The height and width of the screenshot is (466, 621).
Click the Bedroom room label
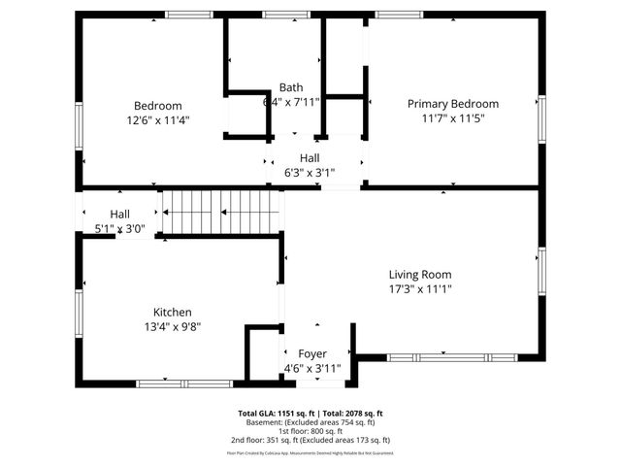click(x=157, y=106)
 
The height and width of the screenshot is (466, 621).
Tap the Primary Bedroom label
click(x=452, y=104)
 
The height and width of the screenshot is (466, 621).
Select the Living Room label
click(x=420, y=275)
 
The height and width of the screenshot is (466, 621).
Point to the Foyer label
click(x=312, y=353)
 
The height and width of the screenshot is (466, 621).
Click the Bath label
click(x=291, y=86)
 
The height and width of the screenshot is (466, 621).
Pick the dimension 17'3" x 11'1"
click(x=420, y=288)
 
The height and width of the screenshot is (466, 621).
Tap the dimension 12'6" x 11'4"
click(x=157, y=120)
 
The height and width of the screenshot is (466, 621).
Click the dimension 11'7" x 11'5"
click(x=452, y=118)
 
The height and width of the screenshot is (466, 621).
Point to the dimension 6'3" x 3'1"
click(x=310, y=173)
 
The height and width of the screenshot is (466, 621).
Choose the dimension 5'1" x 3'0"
click(x=120, y=229)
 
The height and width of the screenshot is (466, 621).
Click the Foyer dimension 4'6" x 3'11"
click(x=312, y=368)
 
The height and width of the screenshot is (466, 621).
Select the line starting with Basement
click(x=310, y=422)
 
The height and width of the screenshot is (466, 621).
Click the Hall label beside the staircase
click(x=120, y=215)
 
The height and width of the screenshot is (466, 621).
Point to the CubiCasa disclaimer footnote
click(x=310, y=452)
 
